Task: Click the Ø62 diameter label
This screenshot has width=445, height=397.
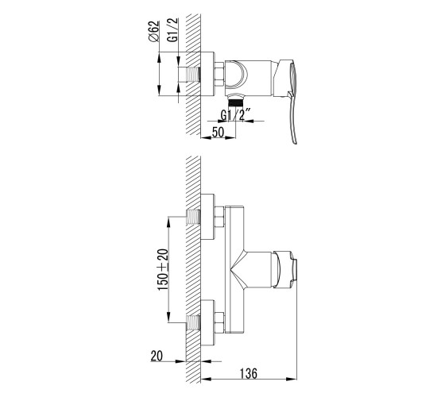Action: point(153,31)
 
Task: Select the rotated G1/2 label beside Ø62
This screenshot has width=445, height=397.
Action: point(172,30)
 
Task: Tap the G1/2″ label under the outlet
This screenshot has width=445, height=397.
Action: point(235,115)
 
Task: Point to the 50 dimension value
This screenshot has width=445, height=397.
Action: point(218,132)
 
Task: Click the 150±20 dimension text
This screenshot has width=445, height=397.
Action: point(163,269)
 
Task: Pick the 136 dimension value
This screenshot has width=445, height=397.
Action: point(248,373)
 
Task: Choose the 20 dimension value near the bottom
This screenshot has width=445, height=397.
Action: point(157,356)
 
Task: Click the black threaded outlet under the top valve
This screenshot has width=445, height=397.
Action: point(235,102)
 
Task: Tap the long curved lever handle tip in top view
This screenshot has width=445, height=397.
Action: point(294,142)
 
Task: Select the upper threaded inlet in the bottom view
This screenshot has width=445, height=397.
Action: point(193,217)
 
